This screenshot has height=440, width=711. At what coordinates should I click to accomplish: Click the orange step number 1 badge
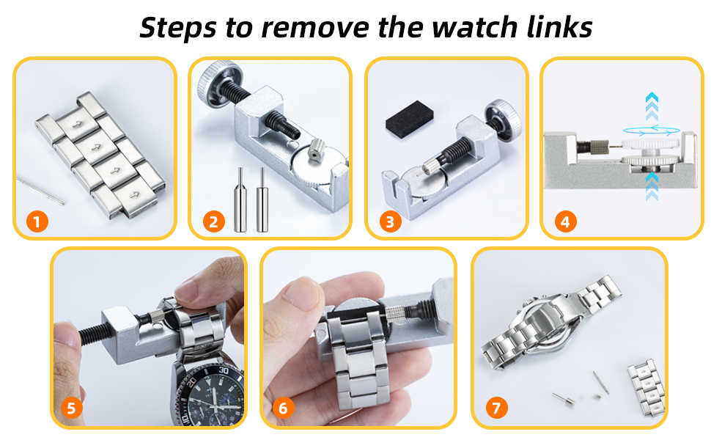point(37,221)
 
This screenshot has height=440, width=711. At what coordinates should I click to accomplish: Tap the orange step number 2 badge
point(213,221)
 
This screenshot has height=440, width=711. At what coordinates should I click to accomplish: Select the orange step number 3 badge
point(389,221)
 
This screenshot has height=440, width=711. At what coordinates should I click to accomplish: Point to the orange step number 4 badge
point(565,221)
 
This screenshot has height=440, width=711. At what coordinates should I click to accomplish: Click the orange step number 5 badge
point(71,408)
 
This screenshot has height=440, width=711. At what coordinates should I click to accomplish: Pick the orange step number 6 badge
point(283,408)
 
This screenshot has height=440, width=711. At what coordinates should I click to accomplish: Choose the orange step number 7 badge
point(496,408)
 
